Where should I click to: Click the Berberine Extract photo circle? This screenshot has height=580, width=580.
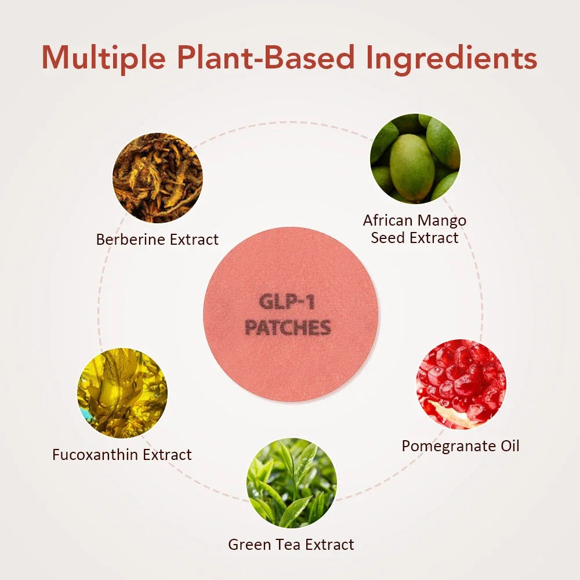point(158,177)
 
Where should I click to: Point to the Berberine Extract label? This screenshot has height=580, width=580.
point(157,239)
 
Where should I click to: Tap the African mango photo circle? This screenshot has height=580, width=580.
point(415,158)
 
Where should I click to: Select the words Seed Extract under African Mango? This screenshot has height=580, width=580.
point(415,237)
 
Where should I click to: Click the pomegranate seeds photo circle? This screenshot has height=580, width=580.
point(461,384)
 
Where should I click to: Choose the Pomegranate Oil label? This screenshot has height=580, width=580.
point(461,445)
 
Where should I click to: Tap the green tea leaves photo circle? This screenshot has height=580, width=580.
point(291,483)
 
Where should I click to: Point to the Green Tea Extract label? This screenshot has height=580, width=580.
point(291,545)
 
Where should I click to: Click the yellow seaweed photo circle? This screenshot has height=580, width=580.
point(122,393)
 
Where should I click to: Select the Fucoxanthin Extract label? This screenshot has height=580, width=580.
point(122,455)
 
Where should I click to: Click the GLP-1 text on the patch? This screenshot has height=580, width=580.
point(288,303)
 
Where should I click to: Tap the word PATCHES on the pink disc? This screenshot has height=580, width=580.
point(288,328)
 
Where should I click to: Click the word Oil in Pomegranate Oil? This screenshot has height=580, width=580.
point(508,445)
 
